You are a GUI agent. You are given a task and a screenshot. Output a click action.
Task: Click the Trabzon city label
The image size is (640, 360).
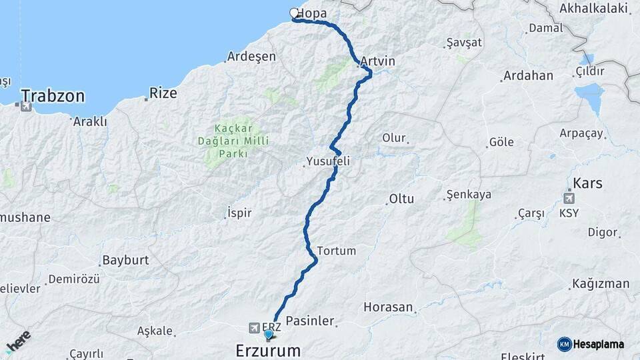coord(53,96)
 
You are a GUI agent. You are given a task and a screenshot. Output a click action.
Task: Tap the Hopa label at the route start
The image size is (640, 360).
coord(312,13)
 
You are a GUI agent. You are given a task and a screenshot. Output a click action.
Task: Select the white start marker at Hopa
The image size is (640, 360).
coord(294,13)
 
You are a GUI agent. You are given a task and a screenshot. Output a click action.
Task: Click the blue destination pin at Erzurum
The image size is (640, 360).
coord(269,334)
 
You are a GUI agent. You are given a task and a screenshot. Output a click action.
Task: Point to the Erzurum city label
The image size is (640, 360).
coord(268,351)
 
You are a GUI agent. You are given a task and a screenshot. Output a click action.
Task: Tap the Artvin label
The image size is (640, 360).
coord(378,61)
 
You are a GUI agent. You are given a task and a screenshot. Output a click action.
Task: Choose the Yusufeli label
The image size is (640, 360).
coord(328,161)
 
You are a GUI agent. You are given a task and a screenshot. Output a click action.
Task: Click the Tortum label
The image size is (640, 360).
coord(337,251)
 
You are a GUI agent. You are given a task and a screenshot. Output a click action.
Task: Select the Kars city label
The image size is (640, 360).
coord(588,183)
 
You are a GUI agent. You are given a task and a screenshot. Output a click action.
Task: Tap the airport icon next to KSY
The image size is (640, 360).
coord(569,198)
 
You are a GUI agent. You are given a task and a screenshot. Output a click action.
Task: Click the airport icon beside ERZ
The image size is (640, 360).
coord(254,327)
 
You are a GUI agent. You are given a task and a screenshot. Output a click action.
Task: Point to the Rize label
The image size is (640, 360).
coord(163,93)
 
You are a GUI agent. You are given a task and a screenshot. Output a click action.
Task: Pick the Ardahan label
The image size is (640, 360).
coord(528,75)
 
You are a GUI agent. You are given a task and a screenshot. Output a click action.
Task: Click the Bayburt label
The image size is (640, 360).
coord(125,259)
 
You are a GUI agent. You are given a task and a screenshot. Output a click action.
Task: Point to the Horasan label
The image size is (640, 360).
coord(389,307)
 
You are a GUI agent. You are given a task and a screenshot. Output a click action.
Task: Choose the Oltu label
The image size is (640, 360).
coord(402,199)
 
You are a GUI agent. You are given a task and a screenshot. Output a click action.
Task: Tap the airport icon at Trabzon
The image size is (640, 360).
coord(26,107)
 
